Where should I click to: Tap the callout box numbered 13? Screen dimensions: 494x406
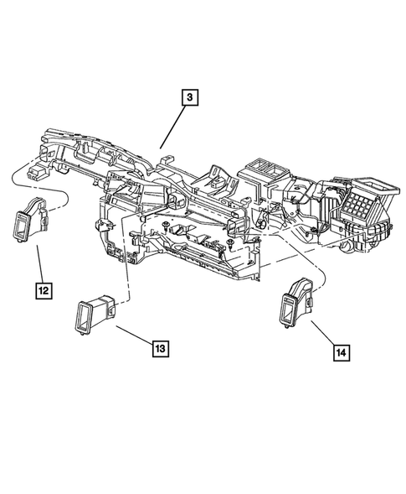pos(159,344)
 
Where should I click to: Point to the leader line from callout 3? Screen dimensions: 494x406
pos(174,125)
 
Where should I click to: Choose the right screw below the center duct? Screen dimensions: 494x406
pos(229,242)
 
